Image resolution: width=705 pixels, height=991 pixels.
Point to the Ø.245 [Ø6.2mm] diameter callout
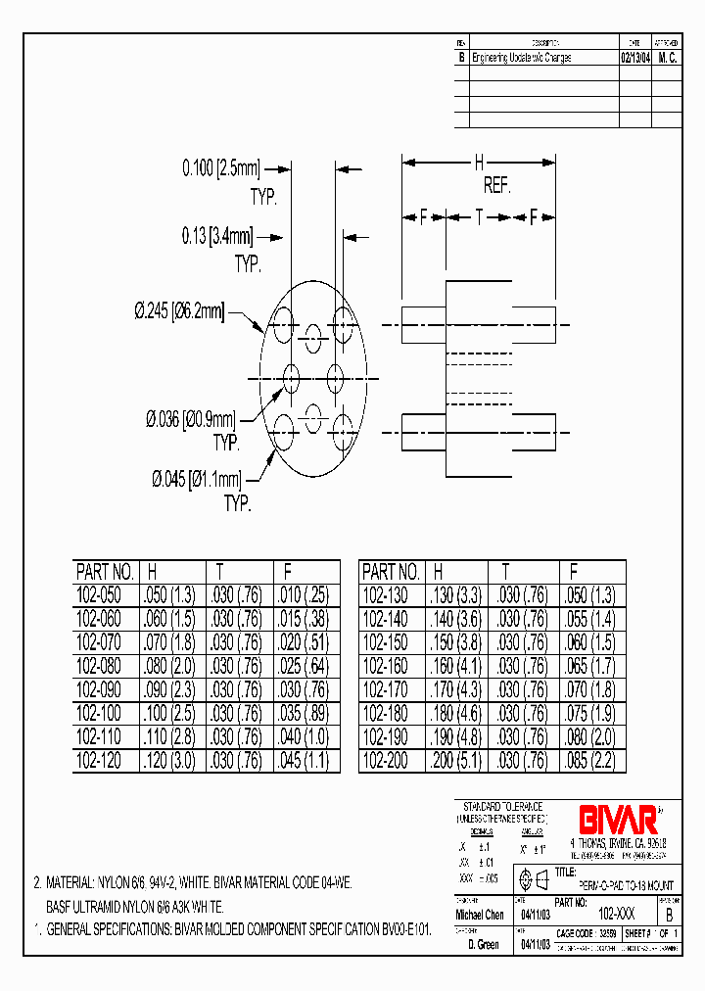[x=178, y=311]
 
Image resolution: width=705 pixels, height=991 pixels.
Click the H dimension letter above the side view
[x=479, y=163]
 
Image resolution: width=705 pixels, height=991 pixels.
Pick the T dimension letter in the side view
[x=479, y=218]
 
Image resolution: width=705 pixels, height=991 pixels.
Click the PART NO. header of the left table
[x=104, y=572]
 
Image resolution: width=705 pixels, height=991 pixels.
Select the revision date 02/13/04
[x=635, y=58]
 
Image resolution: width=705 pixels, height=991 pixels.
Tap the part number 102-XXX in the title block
[x=608, y=913]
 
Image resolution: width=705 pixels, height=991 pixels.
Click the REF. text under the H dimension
[x=497, y=186]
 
